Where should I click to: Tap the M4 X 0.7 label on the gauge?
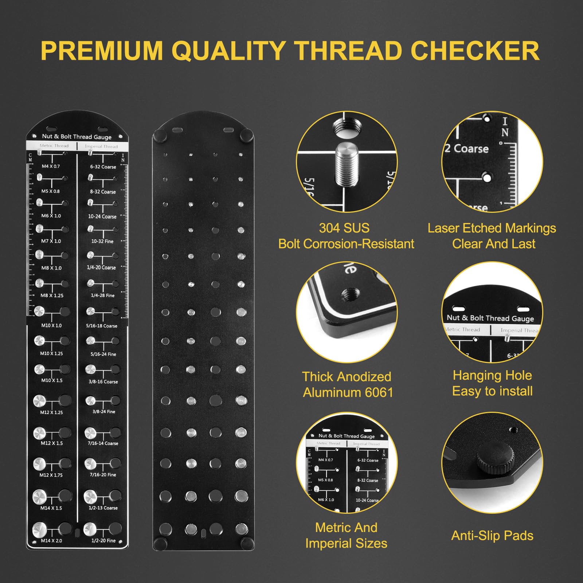[x=51, y=167]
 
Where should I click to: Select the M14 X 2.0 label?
[x=51, y=541]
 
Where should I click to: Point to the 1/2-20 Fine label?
[x=103, y=541]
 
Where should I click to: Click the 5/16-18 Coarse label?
[x=102, y=326]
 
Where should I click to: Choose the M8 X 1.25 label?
[x=52, y=296]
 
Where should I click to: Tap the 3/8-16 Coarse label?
[x=103, y=382]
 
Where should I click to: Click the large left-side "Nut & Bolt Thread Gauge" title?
[x=77, y=137]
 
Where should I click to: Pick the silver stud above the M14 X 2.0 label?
[x=39, y=529]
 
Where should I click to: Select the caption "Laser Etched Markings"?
[x=492, y=228]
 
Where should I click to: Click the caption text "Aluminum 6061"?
[x=348, y=392]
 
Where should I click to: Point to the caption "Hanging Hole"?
[x=492, y=375]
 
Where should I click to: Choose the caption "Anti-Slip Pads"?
[x=492, y=536]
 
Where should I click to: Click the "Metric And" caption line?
[x=346, y=528]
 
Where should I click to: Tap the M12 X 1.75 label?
[x=51, y=475]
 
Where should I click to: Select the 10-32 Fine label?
[x=102, y=241]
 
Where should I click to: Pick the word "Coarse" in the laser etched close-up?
[x=471, y=149]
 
